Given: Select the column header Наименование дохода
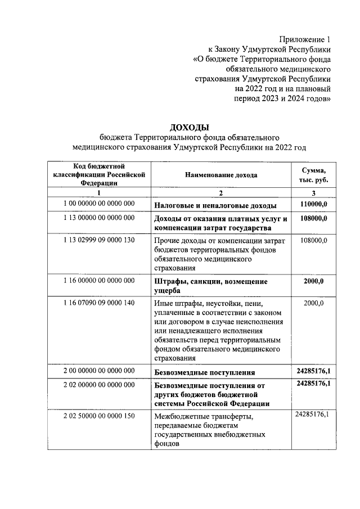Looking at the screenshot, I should click(x=221, y=175).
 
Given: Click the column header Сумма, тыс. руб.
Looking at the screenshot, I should click(x=313, y=175).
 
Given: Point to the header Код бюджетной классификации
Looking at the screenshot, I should click(x=98, y=174).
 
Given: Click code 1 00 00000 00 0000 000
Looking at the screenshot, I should click(x=98, y=203).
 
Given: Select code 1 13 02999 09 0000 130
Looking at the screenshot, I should click(x=98, y=241).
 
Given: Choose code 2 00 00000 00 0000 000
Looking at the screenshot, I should click(x=98, y=370).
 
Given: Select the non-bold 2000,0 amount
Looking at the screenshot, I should click(x=313, y=304).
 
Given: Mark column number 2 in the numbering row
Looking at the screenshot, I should click(x=221, y=192).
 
